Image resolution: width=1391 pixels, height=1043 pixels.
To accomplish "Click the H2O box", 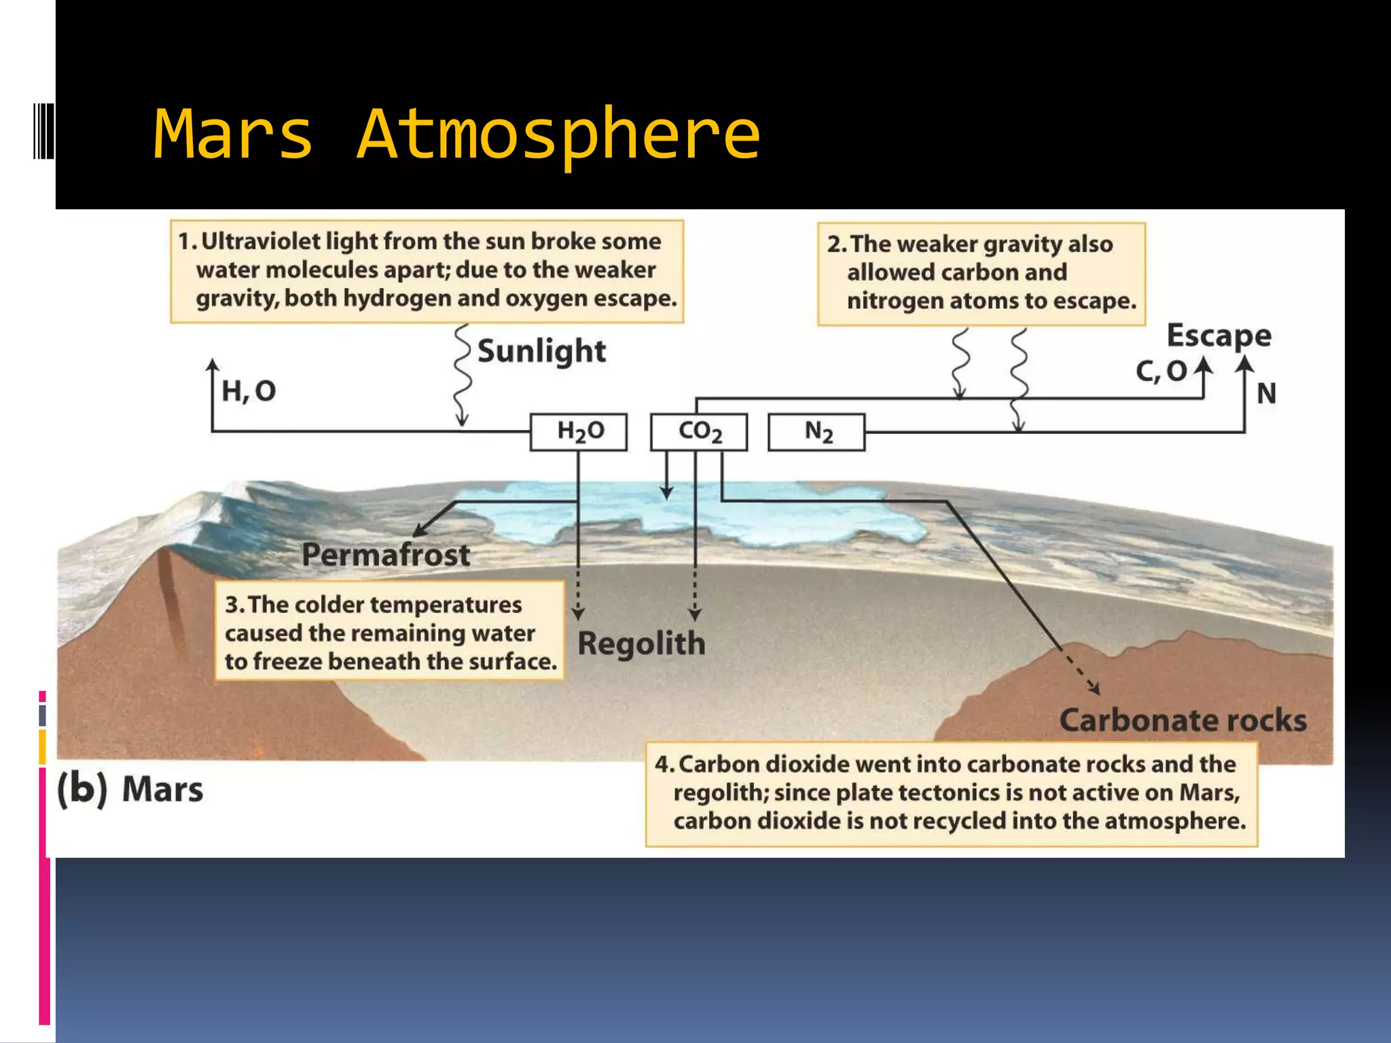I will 579,432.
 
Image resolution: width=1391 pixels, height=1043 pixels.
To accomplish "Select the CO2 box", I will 699,432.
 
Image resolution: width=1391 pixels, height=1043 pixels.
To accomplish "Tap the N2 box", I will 816,432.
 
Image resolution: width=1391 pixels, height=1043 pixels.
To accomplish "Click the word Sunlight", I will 541,352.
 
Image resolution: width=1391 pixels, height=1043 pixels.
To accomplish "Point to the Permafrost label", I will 386,555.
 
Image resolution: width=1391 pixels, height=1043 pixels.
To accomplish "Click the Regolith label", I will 641,644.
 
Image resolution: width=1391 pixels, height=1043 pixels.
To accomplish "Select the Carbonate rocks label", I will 1182,720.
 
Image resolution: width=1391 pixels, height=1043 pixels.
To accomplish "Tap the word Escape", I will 1218,335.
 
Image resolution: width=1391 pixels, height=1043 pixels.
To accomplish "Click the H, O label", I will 249,391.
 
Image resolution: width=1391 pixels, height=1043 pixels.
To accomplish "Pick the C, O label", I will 1161,371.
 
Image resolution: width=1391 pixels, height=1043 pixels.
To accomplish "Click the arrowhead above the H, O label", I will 213,365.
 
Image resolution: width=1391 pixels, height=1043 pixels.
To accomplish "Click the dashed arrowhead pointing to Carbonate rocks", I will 1094,689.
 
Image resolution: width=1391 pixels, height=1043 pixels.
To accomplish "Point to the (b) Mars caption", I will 130,790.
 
